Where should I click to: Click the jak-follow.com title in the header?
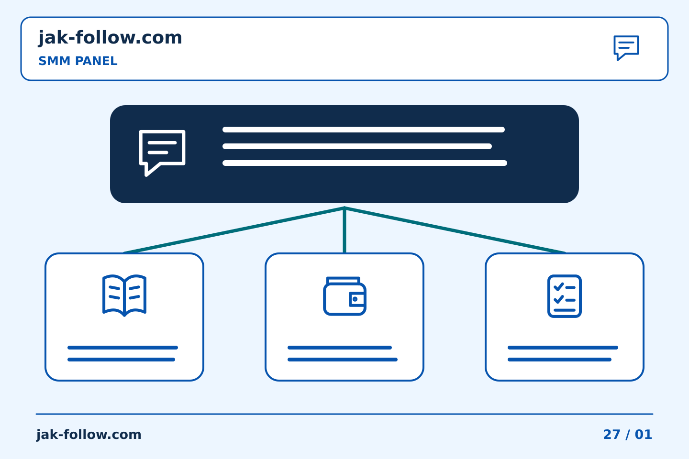pyautogui.click(x=110, y=38)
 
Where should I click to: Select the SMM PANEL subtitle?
pyautogui.click(x=78, y=61)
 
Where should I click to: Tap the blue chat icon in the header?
pyautogui.click(x=626, y=48)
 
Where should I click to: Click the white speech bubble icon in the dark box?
pyautogui.click(x=162, y=153)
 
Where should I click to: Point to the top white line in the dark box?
pyautogui.click(x=364, y=130)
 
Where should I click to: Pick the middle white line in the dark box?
pyautogui.click(x=357, y=146)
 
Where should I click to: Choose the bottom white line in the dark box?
pyautogui.click(x=365, y=163)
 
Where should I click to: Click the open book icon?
pyautogui.click(x=124, y=295)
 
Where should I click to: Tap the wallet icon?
pyautogui.click(x=344, y=296)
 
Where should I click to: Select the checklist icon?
pyautogui.click(x=565, y=296)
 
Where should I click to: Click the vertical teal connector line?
pyautogui.click(x=344, y=230)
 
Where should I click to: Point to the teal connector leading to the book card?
pyautogui.click(x=234, y=230)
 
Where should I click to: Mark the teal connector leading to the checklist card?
pyautogui.click(x=455, y=230)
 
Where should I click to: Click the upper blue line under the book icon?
pyautogui.click(x=122, y=348)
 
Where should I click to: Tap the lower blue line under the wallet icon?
pyautogui.click(x=343, y=360)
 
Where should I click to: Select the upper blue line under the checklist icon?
pyautogui.click(x=563, y=348)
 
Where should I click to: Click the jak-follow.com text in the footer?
pyautogui.click(x=89, y=435)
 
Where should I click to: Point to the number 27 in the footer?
pyautogui.click(x=612, y=435)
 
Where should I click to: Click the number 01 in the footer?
pyautogui.click(x=644, y=435)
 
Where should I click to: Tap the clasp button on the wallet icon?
pyautogui.click(x=355, y=299)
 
